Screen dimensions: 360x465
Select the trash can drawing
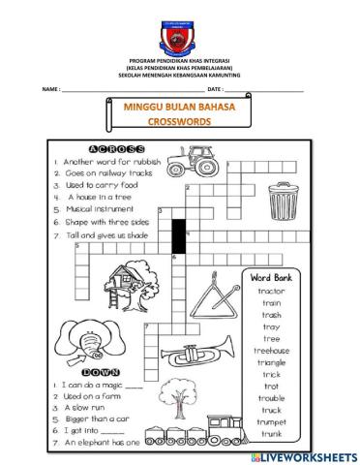pyautogui.click(x=278, y=203)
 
